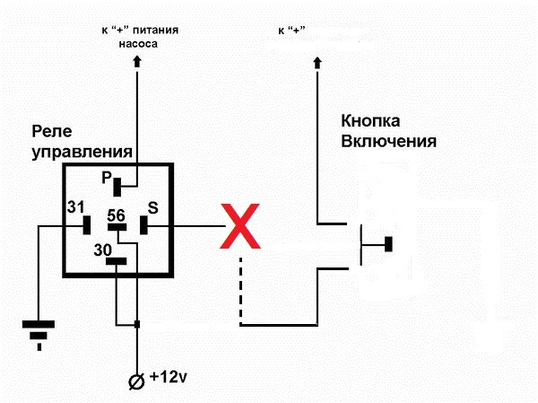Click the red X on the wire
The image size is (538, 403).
(242, 226)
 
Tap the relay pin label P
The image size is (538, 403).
(106, 178)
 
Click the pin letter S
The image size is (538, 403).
(152, 208)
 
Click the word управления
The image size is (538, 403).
(82, 153)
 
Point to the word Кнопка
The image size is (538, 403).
(370, 120)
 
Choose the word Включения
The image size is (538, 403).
(387, 141)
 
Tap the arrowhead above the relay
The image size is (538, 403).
(137, 62)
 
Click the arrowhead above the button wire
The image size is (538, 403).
(317, 62)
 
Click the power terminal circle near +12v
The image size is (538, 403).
(137, 381)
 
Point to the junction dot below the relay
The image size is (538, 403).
(137, 323)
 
